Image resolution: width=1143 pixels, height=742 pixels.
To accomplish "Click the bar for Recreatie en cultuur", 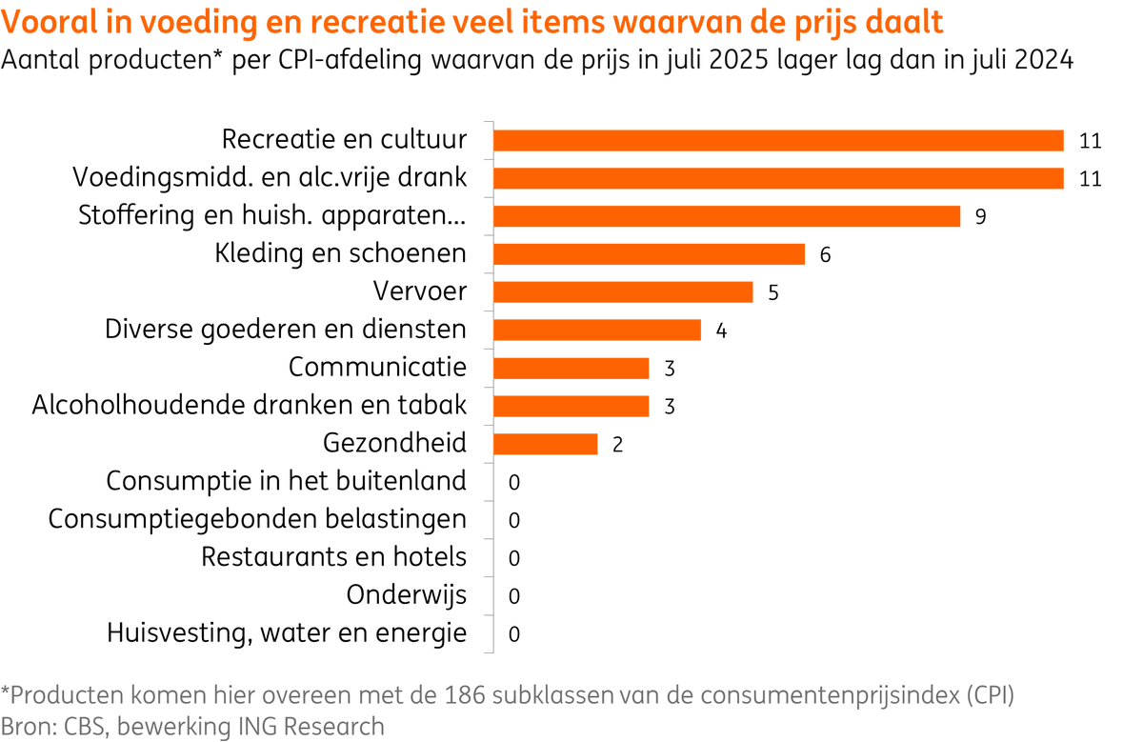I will point(777,140).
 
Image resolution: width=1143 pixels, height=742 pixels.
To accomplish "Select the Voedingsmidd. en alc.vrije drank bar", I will point(777,178).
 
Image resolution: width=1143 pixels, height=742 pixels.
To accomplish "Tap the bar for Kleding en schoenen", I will point(649,254).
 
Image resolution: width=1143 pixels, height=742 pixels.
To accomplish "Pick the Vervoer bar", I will point(623,292).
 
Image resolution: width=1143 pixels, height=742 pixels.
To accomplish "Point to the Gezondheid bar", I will point(545,444).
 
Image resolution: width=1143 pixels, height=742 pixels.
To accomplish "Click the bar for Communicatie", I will point(571,368).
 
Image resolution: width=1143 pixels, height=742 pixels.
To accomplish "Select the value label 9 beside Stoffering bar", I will point(980,216).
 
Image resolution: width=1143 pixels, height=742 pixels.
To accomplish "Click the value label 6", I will point(825,254).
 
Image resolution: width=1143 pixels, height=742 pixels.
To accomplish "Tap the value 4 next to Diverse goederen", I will point(721,331).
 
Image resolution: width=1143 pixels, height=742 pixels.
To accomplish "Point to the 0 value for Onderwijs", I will point(514,596).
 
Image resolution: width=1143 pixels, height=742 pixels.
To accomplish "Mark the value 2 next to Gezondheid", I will point(617,444).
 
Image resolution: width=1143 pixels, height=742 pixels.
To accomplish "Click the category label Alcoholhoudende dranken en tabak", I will point(249,405).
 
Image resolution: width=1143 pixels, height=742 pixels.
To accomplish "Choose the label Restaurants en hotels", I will point(333,557).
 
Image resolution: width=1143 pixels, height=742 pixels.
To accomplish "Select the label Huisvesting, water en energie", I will point(287,632).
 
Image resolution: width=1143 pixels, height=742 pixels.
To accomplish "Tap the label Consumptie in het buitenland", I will point(287,481).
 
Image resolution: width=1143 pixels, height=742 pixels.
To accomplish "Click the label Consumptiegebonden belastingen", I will point(257,519).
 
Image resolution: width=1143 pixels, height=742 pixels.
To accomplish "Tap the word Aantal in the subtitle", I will point(39,61).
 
